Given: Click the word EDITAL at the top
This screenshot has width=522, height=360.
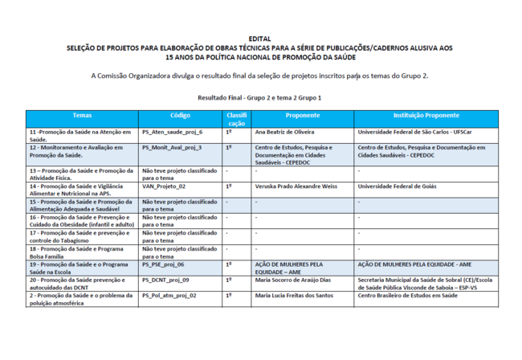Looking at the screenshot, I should [x=260, y=39].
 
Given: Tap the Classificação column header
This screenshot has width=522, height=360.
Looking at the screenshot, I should [x=236, y=120].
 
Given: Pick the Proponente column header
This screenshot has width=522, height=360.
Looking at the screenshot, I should [x=302, y=115].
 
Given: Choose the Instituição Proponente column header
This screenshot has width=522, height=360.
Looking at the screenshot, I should [x=426, y=115].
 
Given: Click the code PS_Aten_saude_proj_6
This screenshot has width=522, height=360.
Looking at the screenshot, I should [x=172, y=131].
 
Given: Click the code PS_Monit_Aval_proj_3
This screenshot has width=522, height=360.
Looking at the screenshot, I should [x=172, y=148].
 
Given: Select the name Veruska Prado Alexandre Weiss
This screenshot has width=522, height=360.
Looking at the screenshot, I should [x=296, y=186].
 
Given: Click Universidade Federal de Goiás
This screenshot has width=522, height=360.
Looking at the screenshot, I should [x=397, y=186].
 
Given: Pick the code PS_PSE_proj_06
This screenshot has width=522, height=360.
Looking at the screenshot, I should [x=163, y=264].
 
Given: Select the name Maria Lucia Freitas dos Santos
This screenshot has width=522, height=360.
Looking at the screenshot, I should [x=296, y=295].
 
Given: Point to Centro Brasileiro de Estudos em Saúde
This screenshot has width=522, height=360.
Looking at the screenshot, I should [x=407, y=295].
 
